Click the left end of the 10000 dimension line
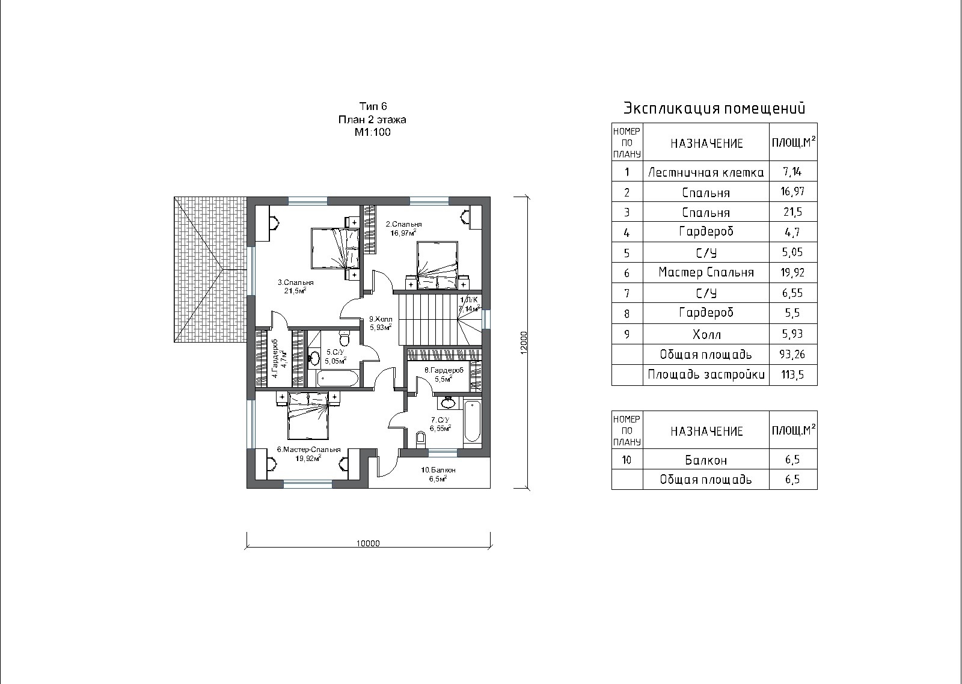[247, 547]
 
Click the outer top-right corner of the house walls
[490, 197]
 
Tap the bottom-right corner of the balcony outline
[490, 488]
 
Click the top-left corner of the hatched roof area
[174, 197]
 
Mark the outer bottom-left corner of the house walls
[247, 488]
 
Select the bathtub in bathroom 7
[473, 421]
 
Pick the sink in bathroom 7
[449, 403]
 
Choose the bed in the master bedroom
[308, 416]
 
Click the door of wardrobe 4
[279, 320]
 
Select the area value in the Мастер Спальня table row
[792, 273]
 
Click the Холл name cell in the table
[706, 334]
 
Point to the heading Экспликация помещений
[714, 108]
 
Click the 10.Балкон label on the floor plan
[438, 470]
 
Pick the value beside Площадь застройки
[792, 375]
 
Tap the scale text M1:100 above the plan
[372, 132]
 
